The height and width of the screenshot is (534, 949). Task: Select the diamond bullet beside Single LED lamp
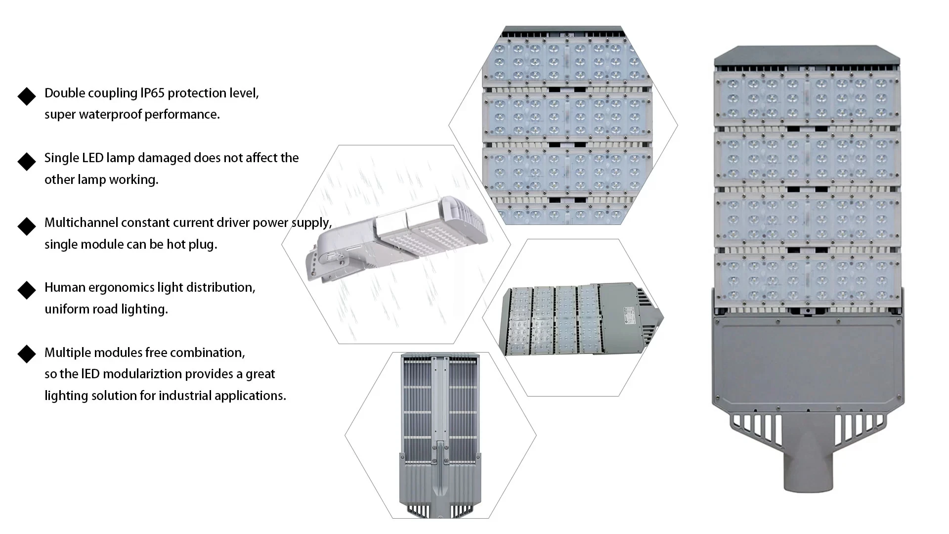27,161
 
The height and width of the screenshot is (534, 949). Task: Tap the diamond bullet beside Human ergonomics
27,291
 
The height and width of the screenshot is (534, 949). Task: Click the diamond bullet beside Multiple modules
27,354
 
